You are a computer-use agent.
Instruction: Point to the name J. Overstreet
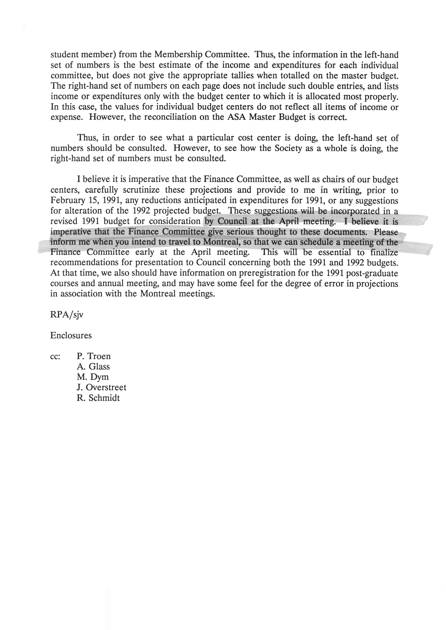tap(101, 387)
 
